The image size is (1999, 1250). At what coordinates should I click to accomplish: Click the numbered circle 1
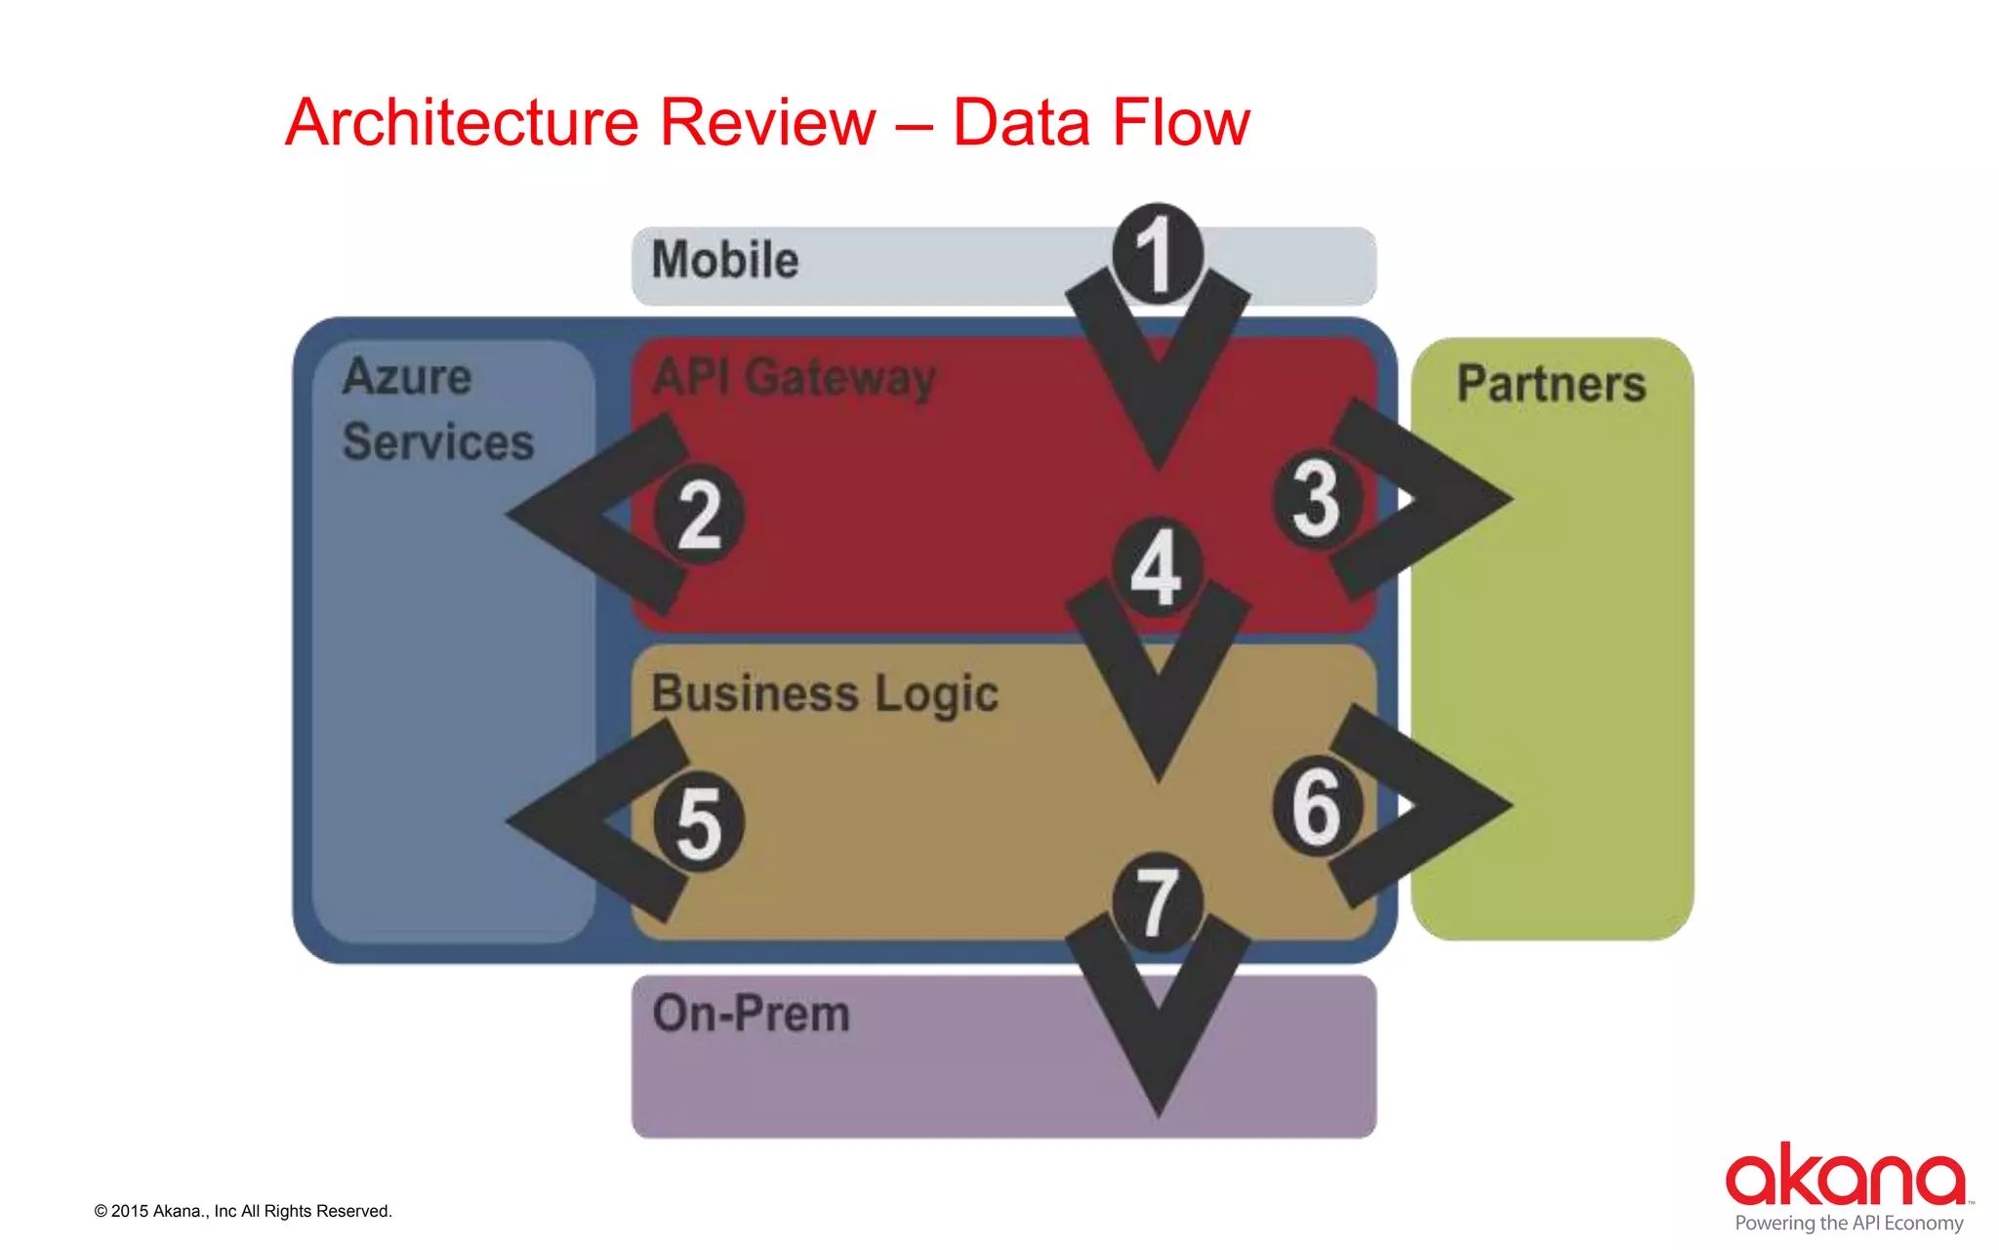pyautogui.click(x=1157, y=253)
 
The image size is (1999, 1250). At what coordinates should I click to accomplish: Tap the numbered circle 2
pyautogui.click(x=699, y=515)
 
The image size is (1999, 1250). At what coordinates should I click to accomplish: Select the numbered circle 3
pyautogui.click(x=1317, y=499)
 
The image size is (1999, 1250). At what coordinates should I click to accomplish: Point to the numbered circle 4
pyautogui.click(x=1157, y=566)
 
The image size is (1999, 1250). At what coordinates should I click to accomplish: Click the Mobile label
pyautogui.click(x=725, y=261)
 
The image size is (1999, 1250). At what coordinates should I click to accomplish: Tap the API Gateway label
pyautogui.click(x=794, y=378)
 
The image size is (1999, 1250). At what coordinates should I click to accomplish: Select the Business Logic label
pyautogui.click(x=825, y=694)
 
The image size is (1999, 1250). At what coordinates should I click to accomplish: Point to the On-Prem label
pyautogui.click(x=752, y=1014)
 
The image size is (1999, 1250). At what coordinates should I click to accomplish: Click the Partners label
pyautogui.click(x=1551, y=383)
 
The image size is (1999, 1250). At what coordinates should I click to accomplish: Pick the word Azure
pyautogui.click(x=407, y=377)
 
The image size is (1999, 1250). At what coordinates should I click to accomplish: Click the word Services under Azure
pyautogui.click(x=438, y=441)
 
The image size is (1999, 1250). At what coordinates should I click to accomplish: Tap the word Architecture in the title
pyautogui.click(x=462, y=123)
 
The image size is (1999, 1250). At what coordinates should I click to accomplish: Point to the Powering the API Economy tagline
pyautogui.click(x=1849, y=1223)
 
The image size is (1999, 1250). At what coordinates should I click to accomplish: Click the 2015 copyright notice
pyautogui.click(x=243, y=1211)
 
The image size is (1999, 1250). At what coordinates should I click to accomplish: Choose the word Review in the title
pyautogui.click(x=767, y=123)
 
